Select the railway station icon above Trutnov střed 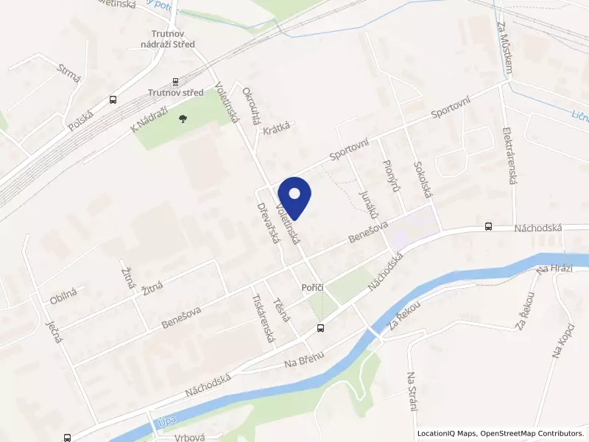click(175, 81)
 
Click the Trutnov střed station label click(175, 93)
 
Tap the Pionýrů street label click(392, 175)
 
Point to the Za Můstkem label click(506, 49)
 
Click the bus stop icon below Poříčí click(320, 327)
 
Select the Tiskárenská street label click(263, 320)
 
